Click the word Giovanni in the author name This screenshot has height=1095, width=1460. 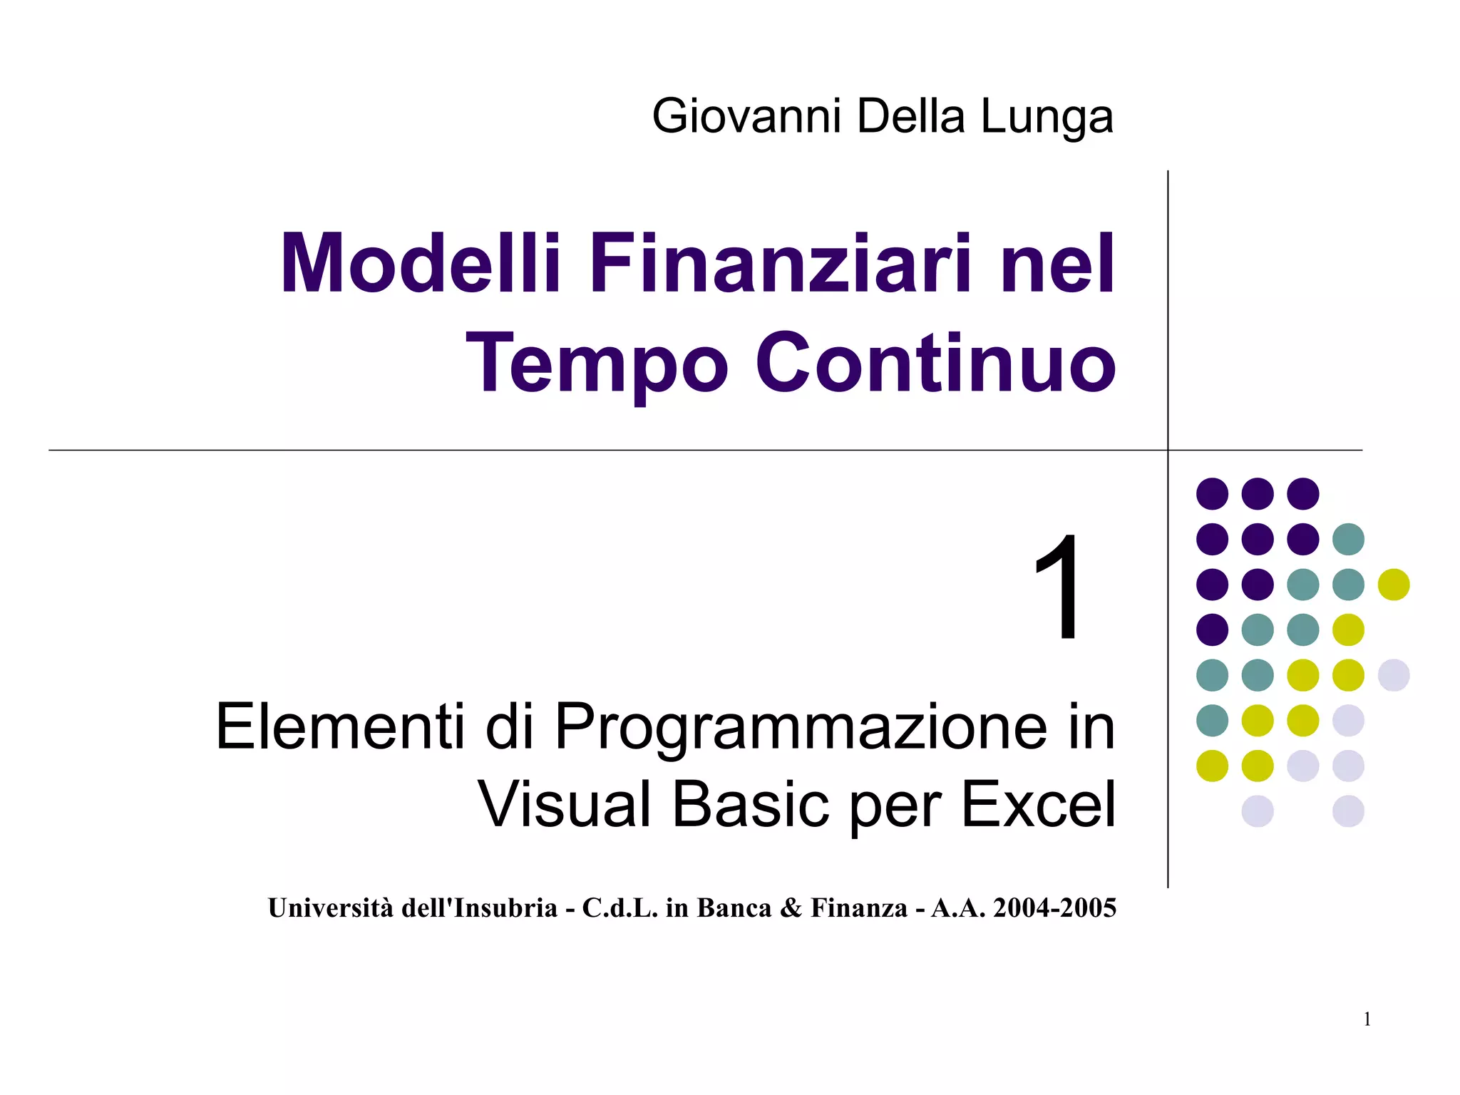746,116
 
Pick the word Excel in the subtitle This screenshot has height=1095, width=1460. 1038,804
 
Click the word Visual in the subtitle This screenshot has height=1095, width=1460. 565,804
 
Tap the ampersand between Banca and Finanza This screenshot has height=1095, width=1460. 791,908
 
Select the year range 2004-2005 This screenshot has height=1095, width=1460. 1054,908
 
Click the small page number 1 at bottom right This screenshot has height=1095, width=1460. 1367,1019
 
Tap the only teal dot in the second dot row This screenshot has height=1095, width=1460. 1348,539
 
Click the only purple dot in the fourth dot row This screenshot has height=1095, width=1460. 1212,629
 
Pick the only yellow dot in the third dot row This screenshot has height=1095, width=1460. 1394,585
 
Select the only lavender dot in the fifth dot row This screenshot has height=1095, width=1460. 1394,675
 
